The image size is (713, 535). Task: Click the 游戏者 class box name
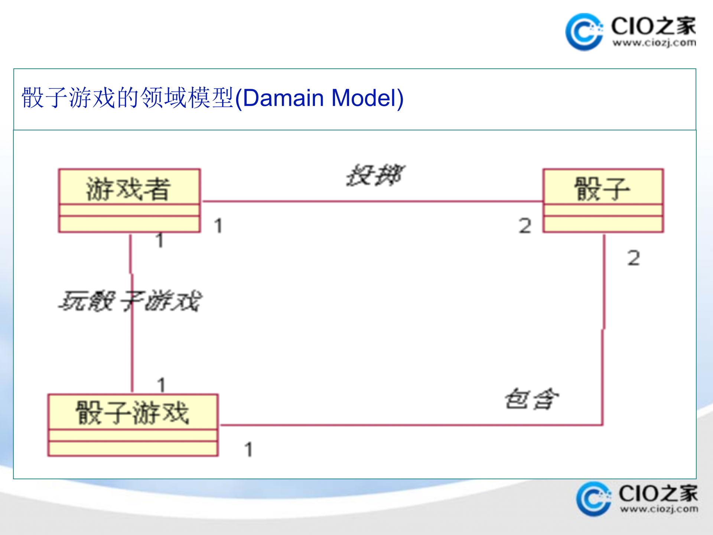(x=128, y=189)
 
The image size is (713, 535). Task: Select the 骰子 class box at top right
(x=603, y=201)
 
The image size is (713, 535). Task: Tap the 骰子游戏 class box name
(x=132, y=412)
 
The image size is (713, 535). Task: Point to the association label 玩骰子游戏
(x=130, y=301)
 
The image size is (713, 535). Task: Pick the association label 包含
(x=532, y=399)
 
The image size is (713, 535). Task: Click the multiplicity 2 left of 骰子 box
(x=525, y=226)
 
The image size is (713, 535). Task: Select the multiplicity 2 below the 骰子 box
(x=634, y=258)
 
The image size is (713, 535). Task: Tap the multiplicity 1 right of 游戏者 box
(x=218, y=226)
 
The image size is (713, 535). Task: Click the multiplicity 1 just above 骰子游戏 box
(x=161, y=385)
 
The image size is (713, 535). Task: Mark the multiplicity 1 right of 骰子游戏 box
(x=248, y=450)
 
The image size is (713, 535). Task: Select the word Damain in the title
(x=283, y=98)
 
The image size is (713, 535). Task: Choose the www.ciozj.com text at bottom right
(x=659, y=509)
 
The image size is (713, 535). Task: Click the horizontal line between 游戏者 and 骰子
(x=371, y=202)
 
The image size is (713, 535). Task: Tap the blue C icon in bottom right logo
(x=593, y=499)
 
